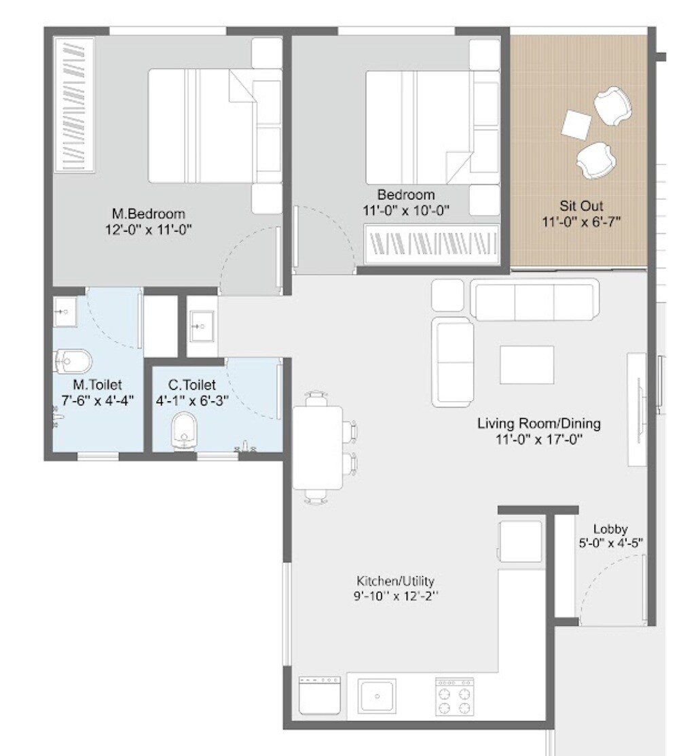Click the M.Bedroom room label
click(x=148, y=214)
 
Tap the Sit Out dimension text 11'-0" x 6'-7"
click(x=582, y=222)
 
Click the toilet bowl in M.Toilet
click(x=73, y=361)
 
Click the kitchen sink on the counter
click(x=375, y=695)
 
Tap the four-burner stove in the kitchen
click(x=455, y=696)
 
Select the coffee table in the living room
click(x=526, y=365)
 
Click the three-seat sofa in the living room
click(x=535, y=302)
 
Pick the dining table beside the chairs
click(x=318, y=447)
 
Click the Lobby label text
click(x=610, y=529)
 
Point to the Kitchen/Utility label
click(x=395, y=581)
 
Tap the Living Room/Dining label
click(x=538, y=424)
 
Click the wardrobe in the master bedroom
click(x=75, y=105)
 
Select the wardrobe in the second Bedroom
click(x=433, y=243)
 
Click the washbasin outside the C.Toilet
click(x=202, y=326)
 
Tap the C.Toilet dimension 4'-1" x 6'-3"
click(x=192, y=401)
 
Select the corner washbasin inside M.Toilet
click(x=65, y=312)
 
